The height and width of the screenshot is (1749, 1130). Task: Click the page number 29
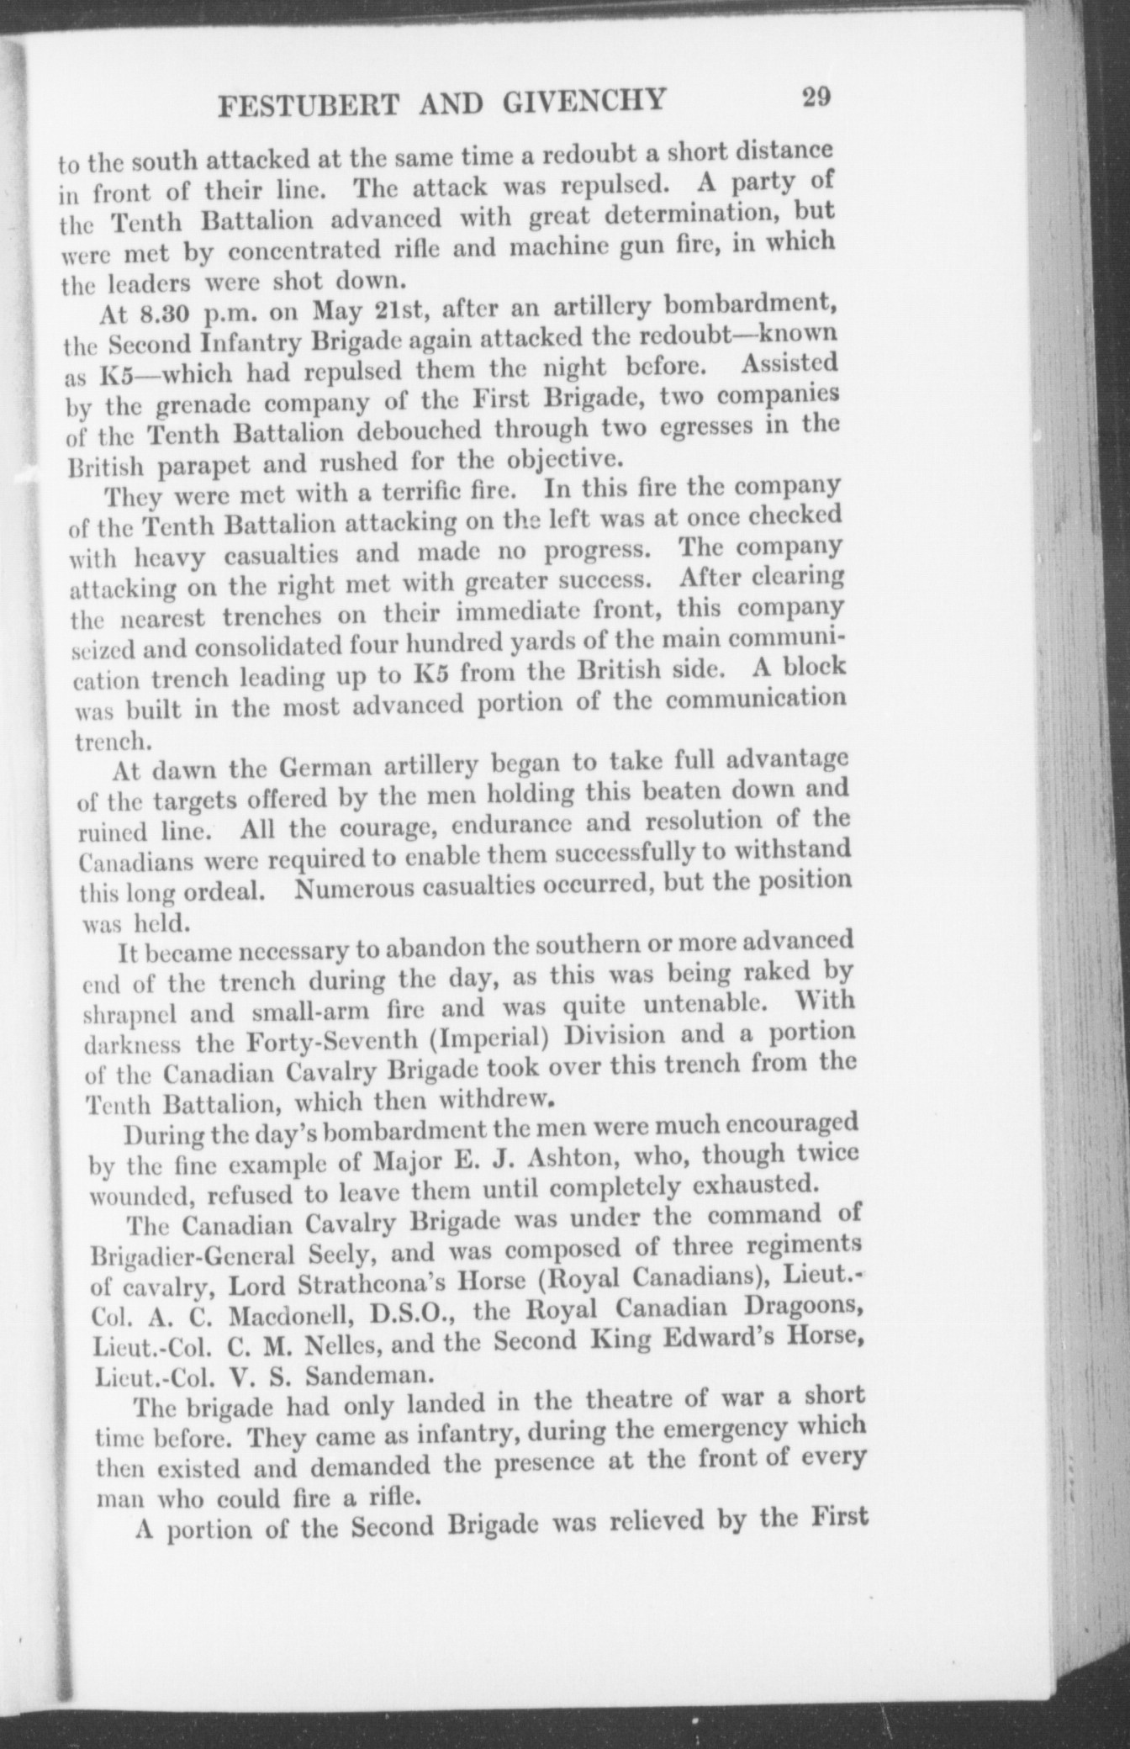[816, 96]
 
